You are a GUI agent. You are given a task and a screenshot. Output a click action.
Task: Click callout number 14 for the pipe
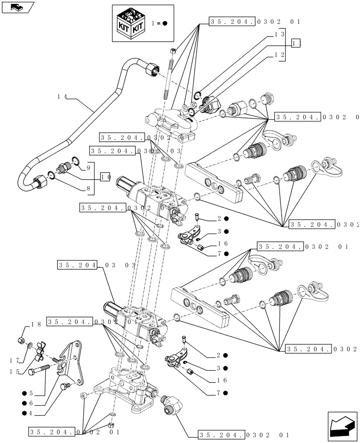click(x=63, y=96)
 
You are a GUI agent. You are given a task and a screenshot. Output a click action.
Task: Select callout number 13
click(x=279, y=34)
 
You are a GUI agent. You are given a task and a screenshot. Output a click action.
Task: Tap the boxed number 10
click(x=106, y=177)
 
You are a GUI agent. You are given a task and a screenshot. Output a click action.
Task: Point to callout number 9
click(x=88, y=168)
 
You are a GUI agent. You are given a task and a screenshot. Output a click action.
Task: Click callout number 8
click(x=88, y=188)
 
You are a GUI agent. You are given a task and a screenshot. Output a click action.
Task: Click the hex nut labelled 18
click(x=20, y=340)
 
